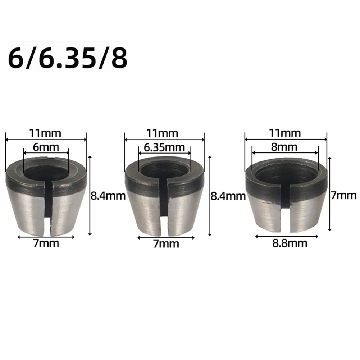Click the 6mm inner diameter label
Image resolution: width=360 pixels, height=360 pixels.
point(46,147)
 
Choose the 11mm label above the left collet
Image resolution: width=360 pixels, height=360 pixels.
point(46,133)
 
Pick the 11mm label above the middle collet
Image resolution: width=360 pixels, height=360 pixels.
point(164,133)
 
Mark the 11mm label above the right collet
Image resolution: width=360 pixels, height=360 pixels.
point(286,133)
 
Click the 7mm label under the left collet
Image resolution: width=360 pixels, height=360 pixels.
point(46,244)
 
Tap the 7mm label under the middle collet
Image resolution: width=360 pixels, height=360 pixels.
point(166,244)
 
